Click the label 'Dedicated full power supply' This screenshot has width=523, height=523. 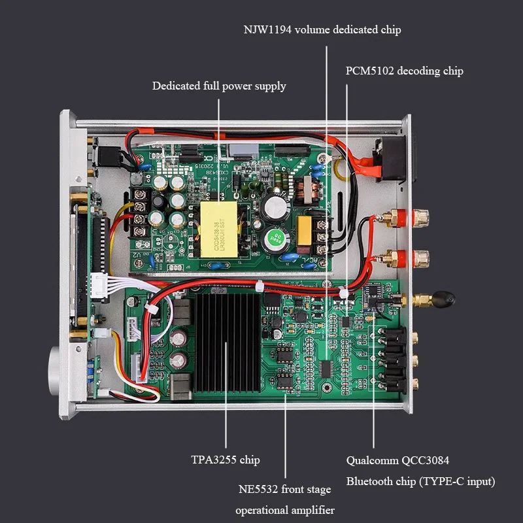(219, 86)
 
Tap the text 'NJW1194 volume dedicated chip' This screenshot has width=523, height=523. (322, 29)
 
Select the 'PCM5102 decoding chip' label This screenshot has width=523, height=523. (404, 71)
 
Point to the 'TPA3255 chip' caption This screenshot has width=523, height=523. (226, 460)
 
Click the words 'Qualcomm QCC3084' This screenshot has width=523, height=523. (397, 460)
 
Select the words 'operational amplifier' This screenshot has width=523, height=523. (284, 510)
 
